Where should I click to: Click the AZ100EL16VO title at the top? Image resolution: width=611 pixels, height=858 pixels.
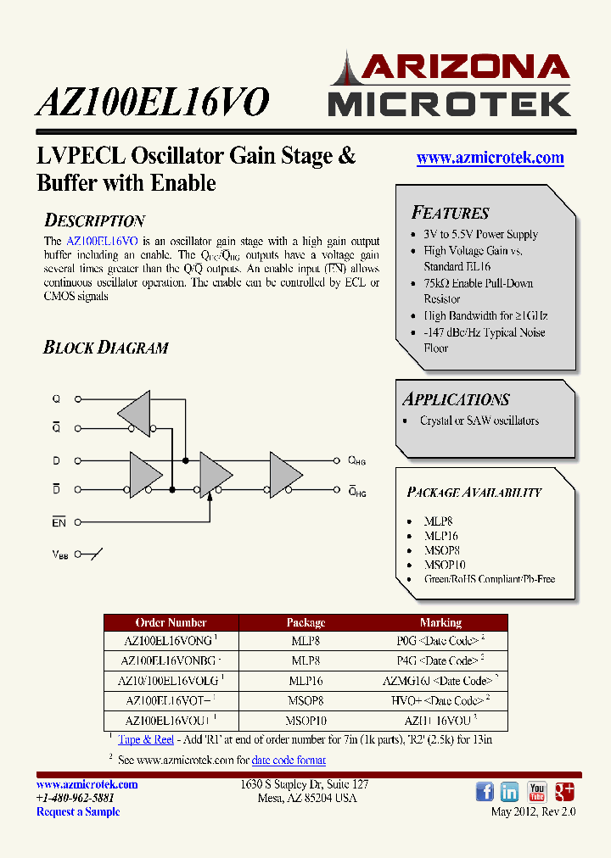coord(153,103)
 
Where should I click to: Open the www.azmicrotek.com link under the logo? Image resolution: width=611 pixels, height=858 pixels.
coord(490,158)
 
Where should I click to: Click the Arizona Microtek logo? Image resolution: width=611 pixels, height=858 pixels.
coord(449,85)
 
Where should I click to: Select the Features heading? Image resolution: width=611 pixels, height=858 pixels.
coord(450,213)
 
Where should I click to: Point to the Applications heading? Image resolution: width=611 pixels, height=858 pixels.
coord(456,399)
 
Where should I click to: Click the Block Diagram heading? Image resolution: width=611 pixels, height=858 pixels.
coord(105,348)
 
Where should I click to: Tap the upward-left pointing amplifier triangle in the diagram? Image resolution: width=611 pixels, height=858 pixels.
coord(135,413)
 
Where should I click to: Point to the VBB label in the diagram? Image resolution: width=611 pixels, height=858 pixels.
coord(59,554)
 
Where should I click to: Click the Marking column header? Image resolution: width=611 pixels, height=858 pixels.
coord(440,622)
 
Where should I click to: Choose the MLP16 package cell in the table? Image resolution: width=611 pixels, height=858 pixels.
coord(305,681)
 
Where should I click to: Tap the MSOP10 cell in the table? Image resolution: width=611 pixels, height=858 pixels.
coord(305,721)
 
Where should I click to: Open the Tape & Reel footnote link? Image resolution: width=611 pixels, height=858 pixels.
coord(146,740)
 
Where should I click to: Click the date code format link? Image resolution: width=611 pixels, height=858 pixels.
coord(289,760)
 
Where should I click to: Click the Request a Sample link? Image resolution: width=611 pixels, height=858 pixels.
coord(78,812)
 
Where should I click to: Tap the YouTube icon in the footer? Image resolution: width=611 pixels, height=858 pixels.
coord(537,792)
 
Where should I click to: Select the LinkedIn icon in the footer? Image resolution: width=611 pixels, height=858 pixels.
coord(510,792)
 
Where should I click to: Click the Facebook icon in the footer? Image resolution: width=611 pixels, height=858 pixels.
coord(485,792)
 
